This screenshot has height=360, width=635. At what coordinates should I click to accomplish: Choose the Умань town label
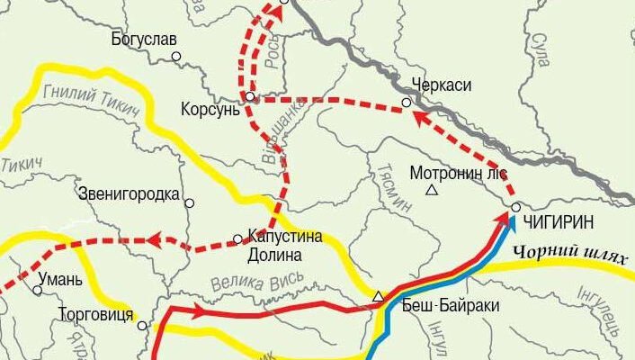[x=60, y=279]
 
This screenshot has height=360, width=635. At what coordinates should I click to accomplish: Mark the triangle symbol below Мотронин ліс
[x=432, y=191]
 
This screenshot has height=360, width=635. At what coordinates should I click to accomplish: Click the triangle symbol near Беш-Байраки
[x=378, y=295]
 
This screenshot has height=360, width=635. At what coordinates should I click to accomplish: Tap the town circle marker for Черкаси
[x=407, y=103]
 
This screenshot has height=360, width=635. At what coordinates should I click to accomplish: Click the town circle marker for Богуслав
[x=176, y=56]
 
